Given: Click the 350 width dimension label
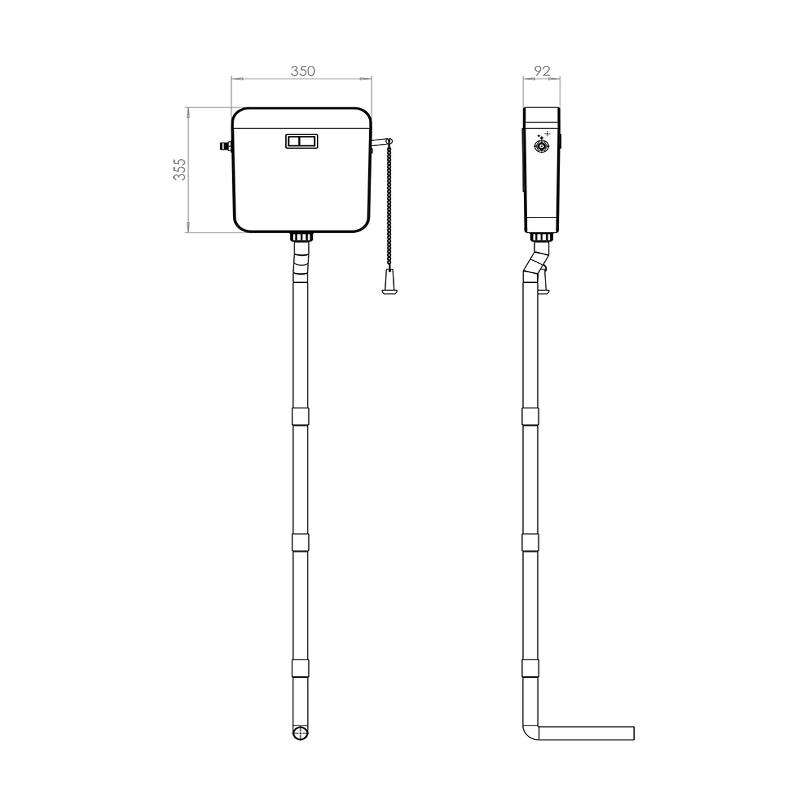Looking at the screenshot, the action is [303, 71].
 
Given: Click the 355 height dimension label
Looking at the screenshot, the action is [180, 169].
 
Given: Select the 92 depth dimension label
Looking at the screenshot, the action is [542, 71].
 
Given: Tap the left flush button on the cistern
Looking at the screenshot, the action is [294, 141].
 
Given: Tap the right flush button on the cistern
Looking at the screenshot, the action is [308, 141].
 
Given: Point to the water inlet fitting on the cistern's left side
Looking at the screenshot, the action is [226, 146].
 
